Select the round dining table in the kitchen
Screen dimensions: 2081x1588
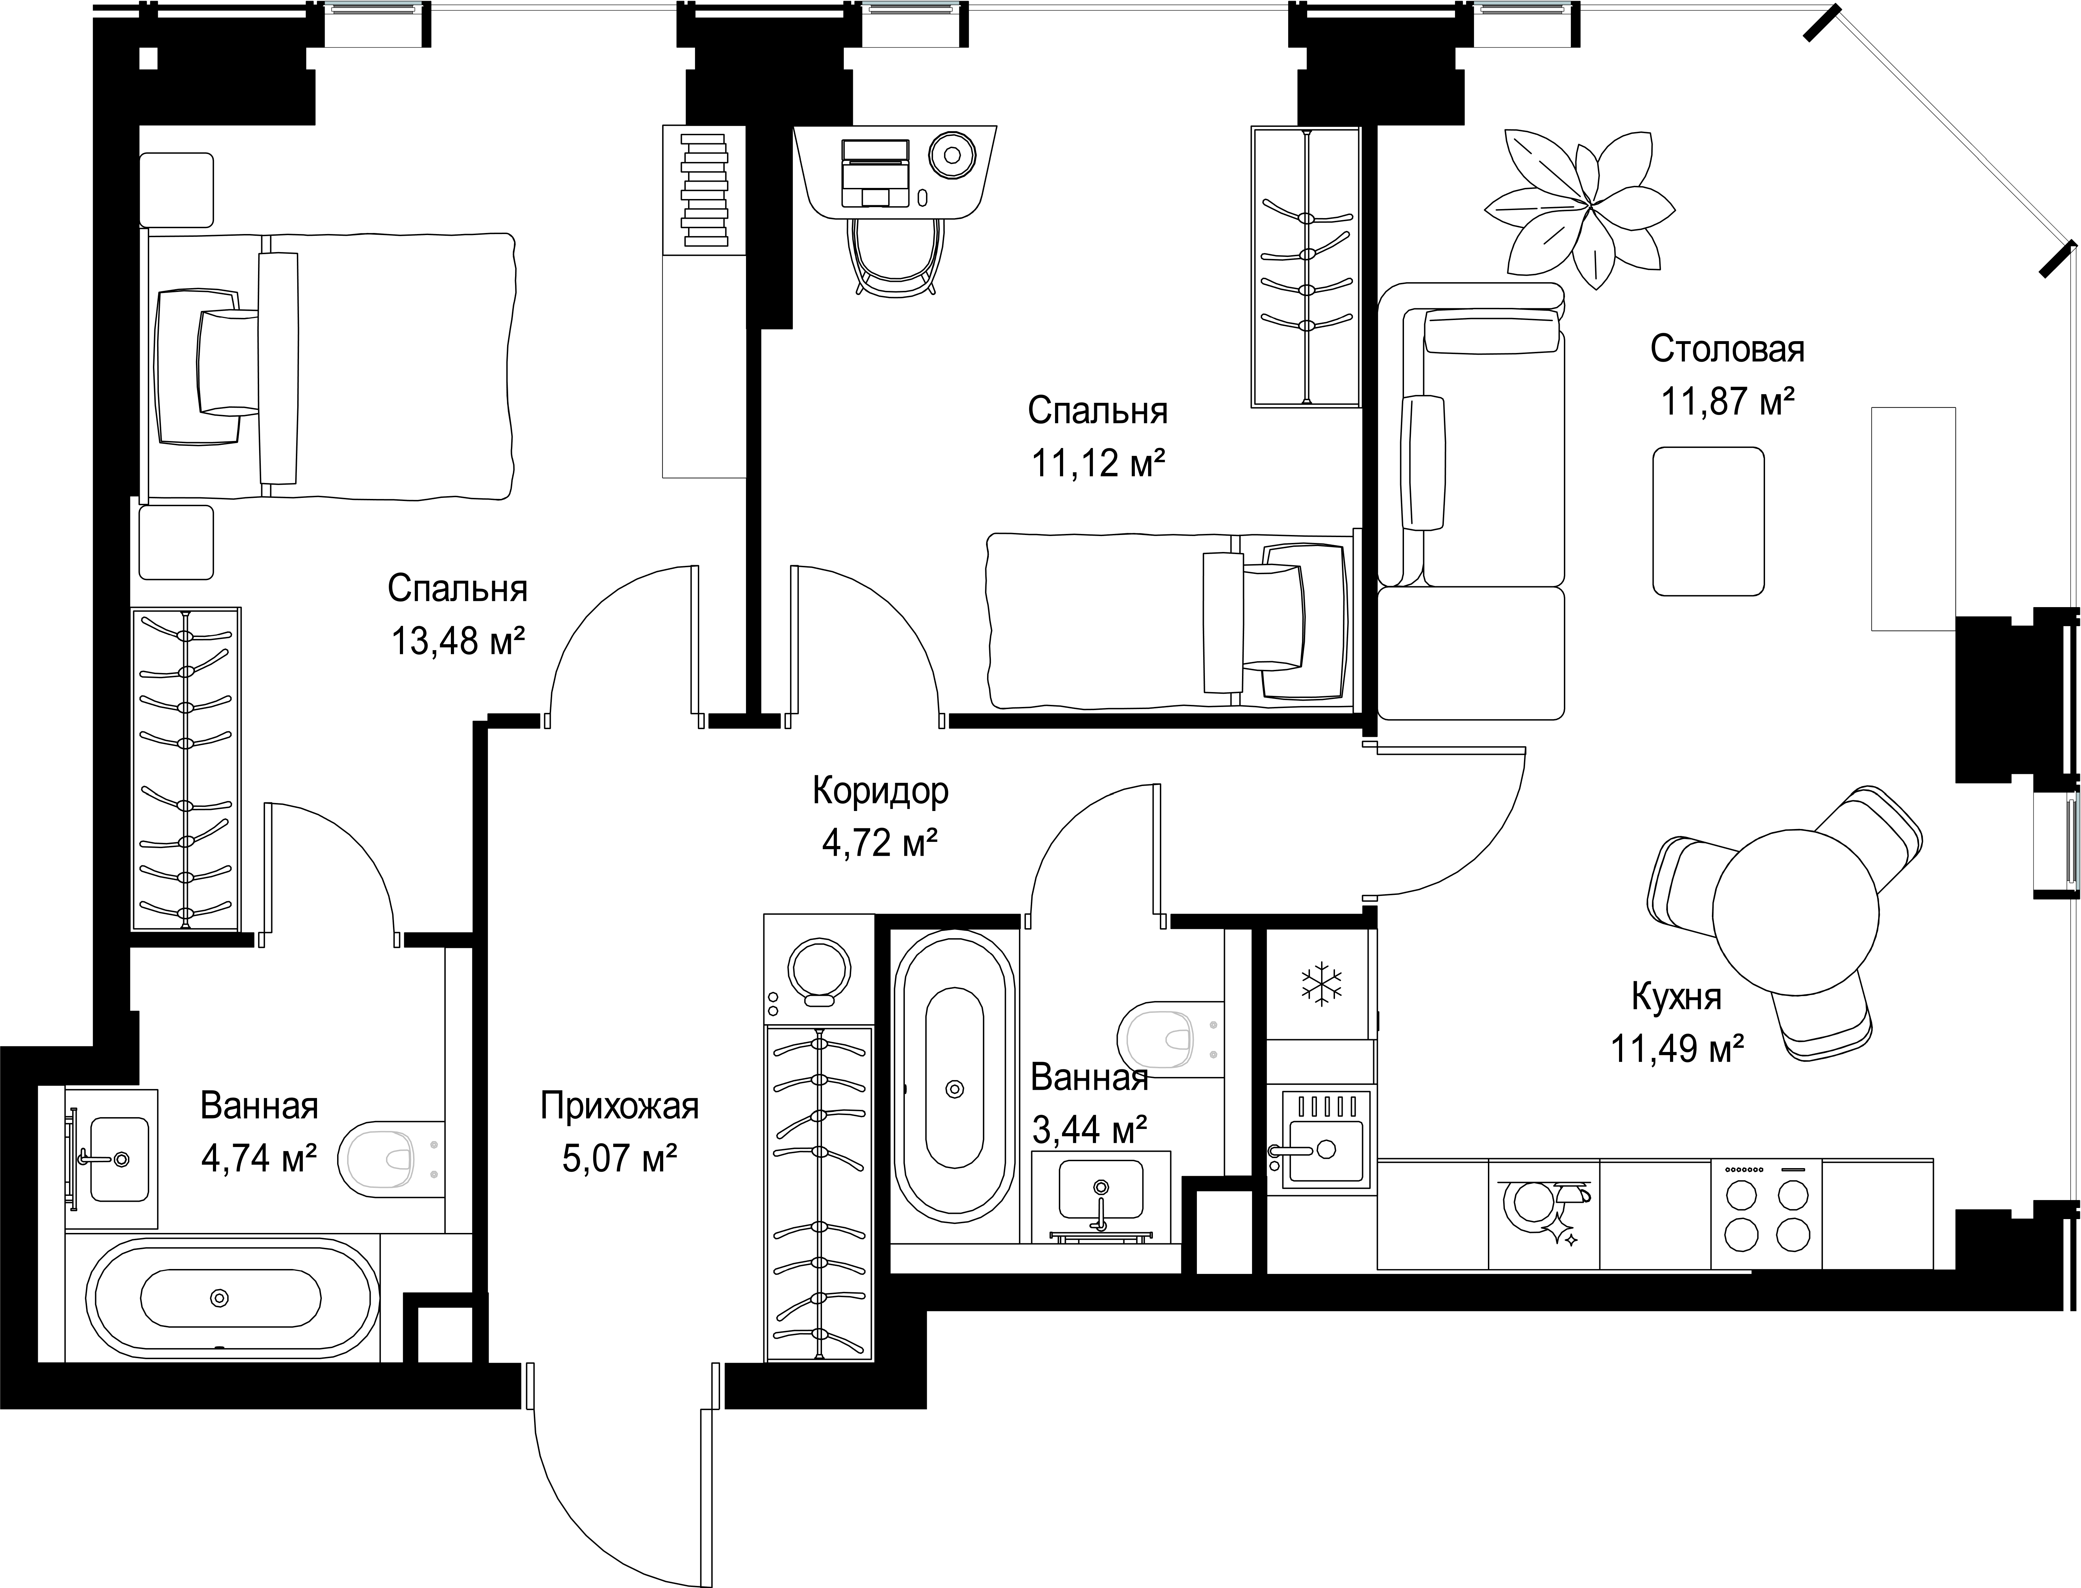(x=1796, y=912)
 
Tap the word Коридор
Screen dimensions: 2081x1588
(x=880, y=790)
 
